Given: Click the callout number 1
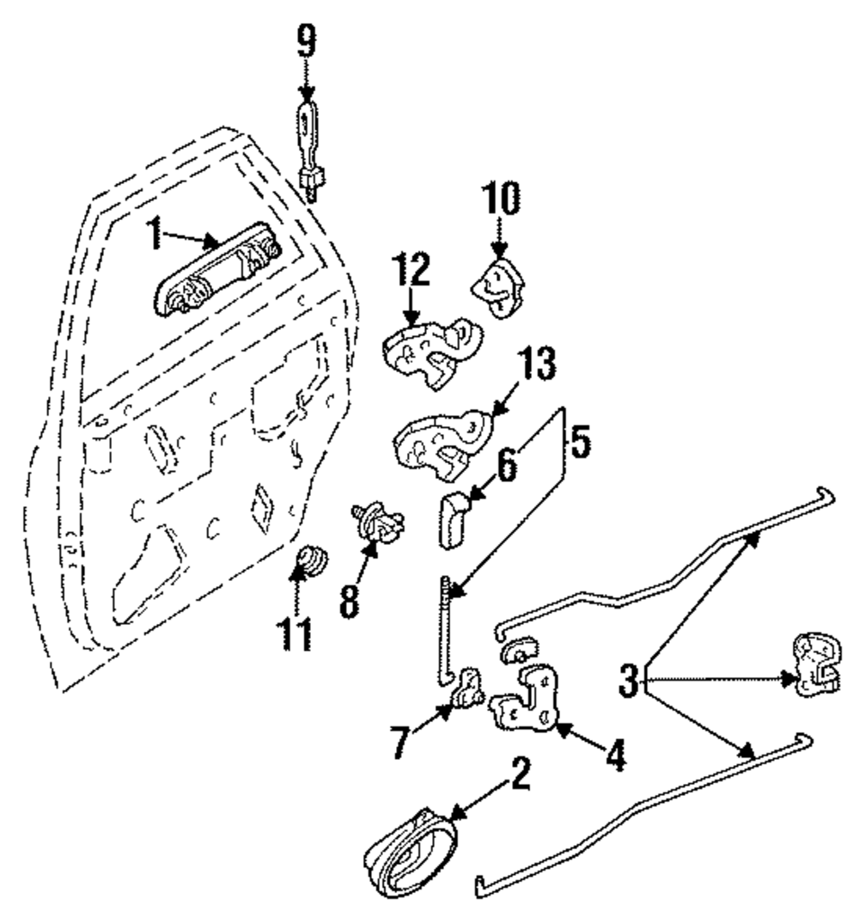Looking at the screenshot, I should (x=154, y=235).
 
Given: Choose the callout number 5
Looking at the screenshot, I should (x=581, y=444).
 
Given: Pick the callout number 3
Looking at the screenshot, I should (x=629, y=682).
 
